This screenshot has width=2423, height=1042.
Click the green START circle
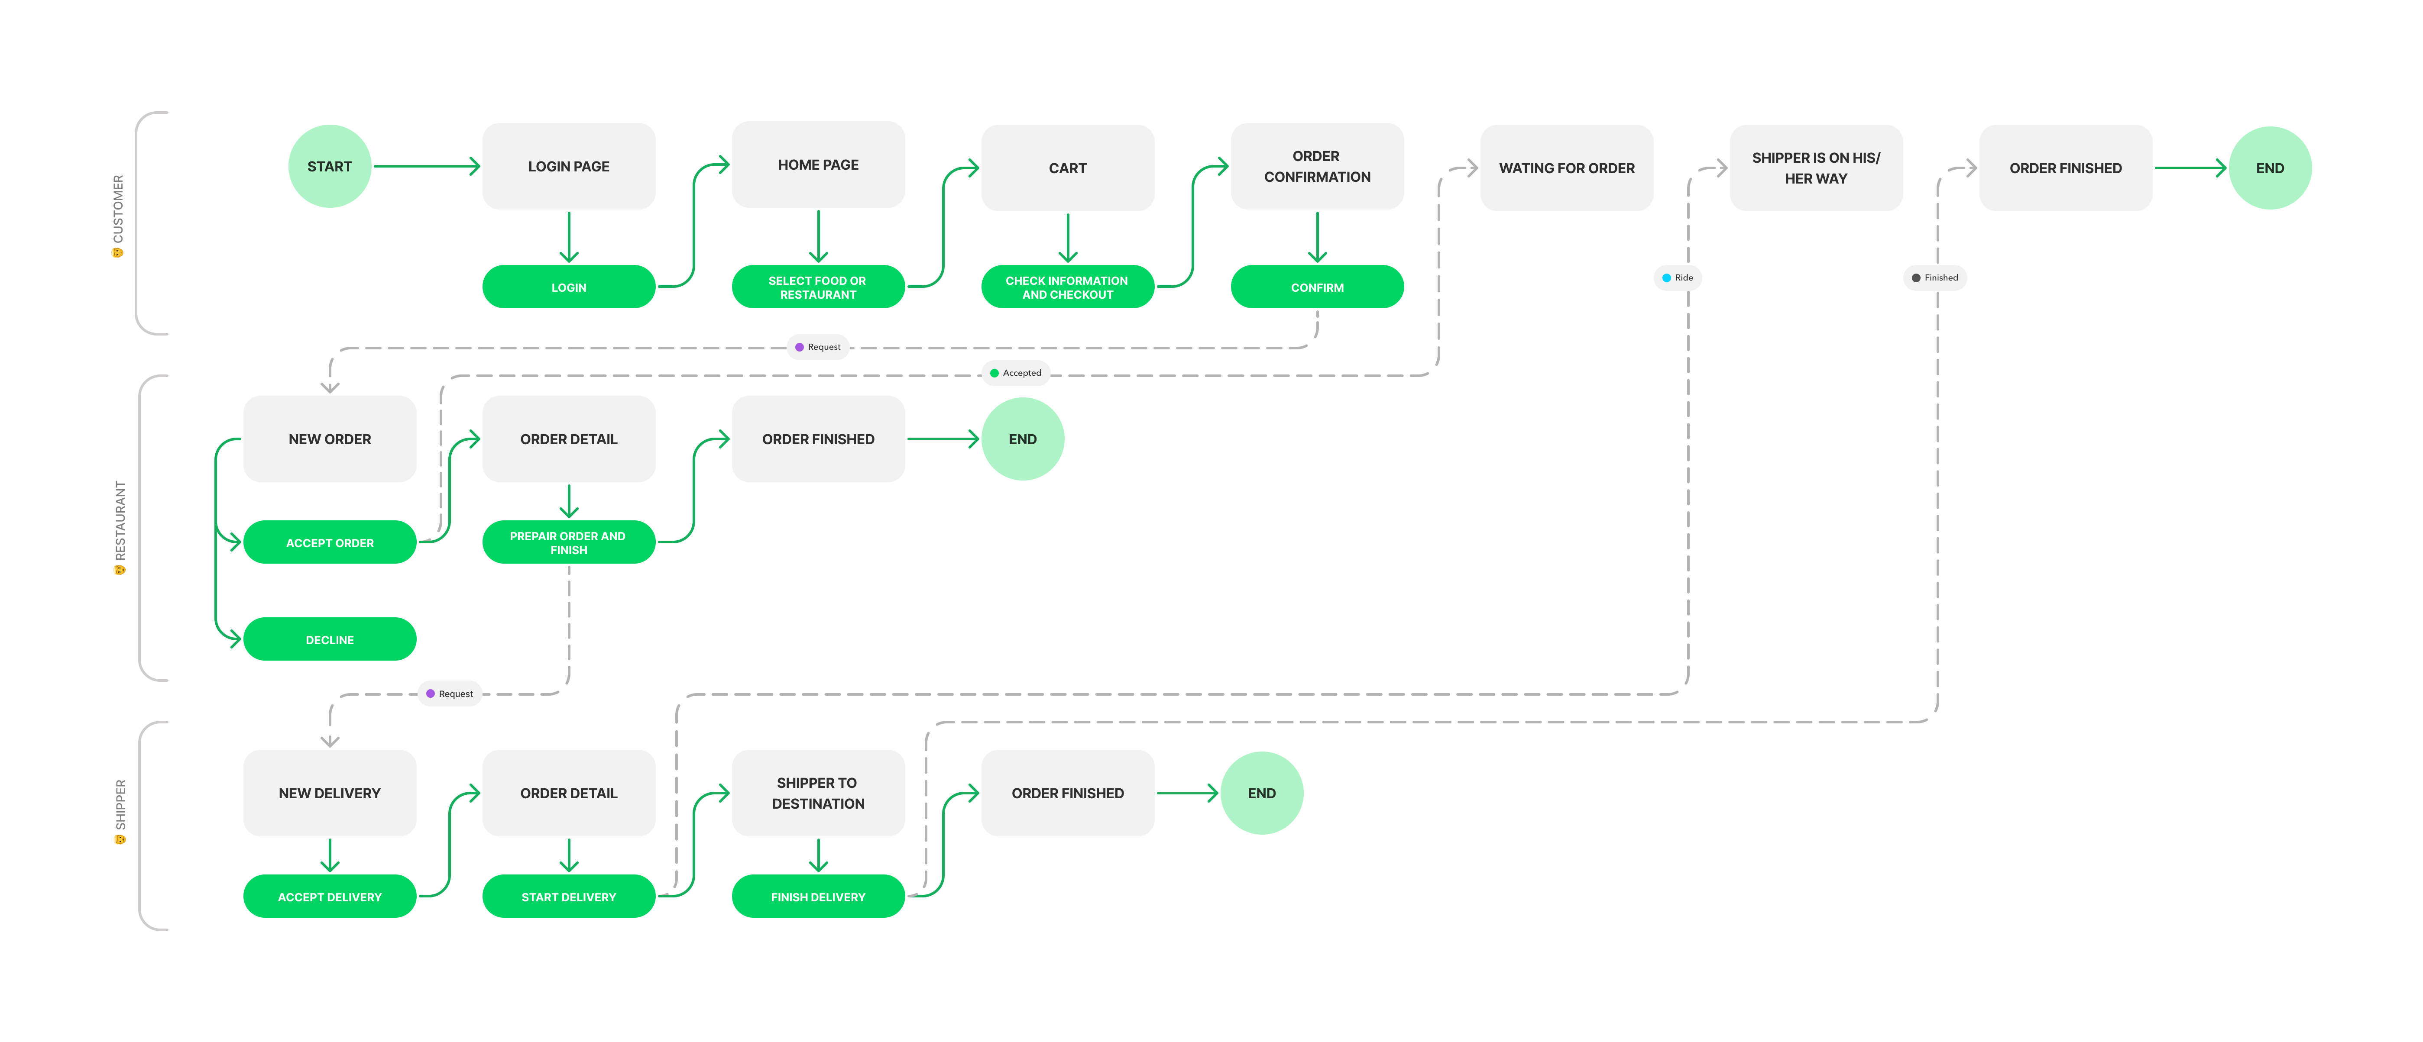coord(329,167)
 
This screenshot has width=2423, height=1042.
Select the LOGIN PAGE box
coord(568,167)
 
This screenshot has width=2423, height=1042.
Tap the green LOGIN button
coord(568,287)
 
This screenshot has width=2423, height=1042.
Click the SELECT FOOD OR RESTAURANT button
coord(817,287)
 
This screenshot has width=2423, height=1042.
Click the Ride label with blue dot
coord(1677,277)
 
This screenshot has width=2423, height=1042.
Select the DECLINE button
coord(329,639)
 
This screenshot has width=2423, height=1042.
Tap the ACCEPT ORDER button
coord(329,542)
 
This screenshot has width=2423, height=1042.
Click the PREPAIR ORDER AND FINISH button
coord(568,542)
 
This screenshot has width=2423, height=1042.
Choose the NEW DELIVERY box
coord(329,793)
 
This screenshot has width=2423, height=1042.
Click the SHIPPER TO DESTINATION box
coord(817,793)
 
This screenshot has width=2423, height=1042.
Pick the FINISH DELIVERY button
coord(817,896)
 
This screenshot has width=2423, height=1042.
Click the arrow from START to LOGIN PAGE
coord(426,167)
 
